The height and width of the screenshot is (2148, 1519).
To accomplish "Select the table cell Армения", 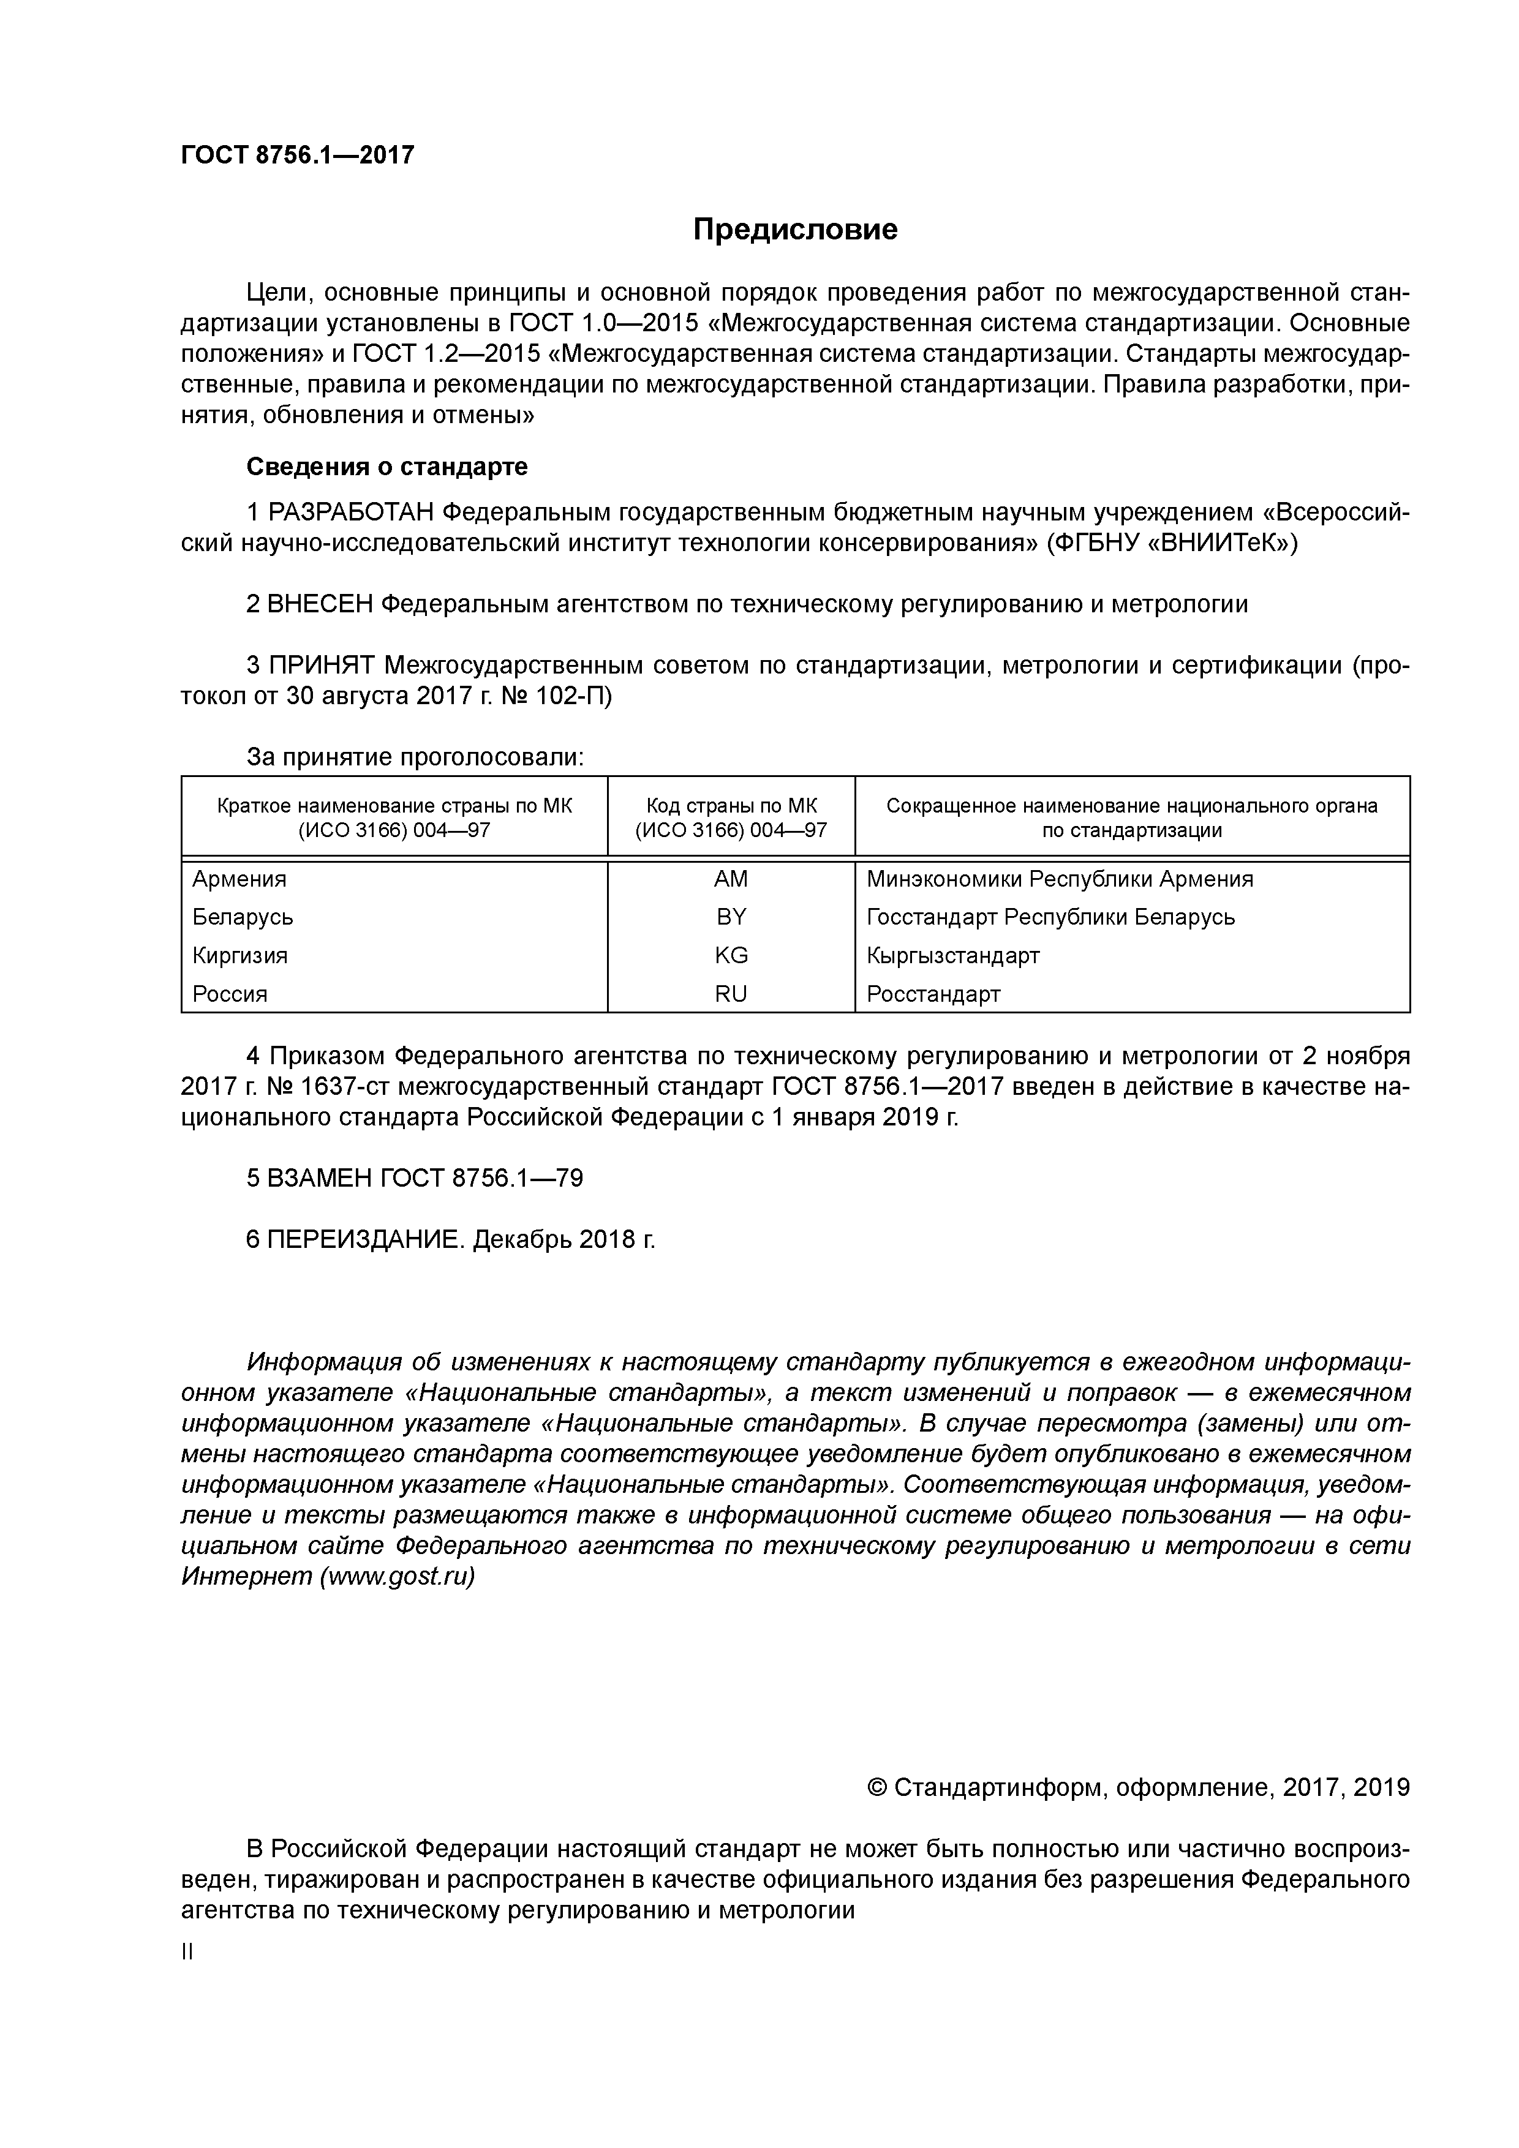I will coord(239,879).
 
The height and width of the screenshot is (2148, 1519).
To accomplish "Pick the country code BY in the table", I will coord(731,917).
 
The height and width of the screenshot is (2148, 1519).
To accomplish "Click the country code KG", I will coord(731,955).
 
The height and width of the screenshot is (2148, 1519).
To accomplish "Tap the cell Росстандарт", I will coord(933,994).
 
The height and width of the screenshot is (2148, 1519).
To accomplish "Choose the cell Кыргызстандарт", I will coord(953,955).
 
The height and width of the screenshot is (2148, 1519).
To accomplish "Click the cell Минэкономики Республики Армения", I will coord(1060,879).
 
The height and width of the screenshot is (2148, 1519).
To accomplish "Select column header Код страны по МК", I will coord(731,806).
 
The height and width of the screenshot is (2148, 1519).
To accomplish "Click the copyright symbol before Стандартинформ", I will coord(878,1788).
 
